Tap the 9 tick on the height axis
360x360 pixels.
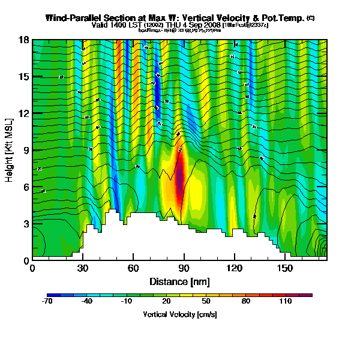pyautogui.click(x=28, y=150)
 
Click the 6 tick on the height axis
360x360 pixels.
pyautogui.click(x=28, y=187)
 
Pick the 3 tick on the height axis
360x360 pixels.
pyautogui.click(x=28, y=223)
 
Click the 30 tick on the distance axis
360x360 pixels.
pyautogui.click(x=83, y=268)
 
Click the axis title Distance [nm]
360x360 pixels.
pyautogui.click(x=179, y=281)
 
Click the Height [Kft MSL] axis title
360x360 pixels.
pyautogui.click(x=10, y=150)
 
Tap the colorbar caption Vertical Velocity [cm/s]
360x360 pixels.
pyautogui.click(x=179, y=314)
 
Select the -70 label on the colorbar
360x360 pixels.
pyautogui.click(x=47, y=302)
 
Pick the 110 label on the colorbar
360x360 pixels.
pyautogui.click(x=286, y=302)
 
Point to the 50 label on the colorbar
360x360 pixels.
pyautogui.click(x=206, y=302)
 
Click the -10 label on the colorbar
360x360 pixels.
pyautogui.click(x=127, y=302)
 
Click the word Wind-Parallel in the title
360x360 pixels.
pyautogui.click(x=75, y=19)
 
